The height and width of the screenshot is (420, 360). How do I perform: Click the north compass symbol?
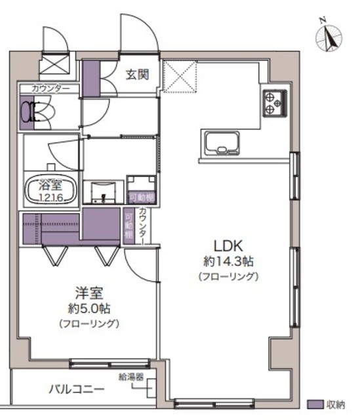pyautogui.click(x=329, y=37)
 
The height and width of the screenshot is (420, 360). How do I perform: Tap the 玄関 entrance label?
pyautogui.click(x=137, y=75)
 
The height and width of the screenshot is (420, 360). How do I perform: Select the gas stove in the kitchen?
pyautogui.click(x=275, y=103)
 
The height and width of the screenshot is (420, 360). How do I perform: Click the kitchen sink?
pyautogui.click(x=222, y=144)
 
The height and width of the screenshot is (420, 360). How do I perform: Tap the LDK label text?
pyautogui.click(x=228, y=246)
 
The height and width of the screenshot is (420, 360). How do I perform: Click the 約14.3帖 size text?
pyautogui.click(x=228, y=261)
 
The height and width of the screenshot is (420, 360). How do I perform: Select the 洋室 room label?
pyautogui.click(x=89, y=293)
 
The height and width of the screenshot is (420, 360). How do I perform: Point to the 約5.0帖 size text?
pyautogui.click(x=89, y=309)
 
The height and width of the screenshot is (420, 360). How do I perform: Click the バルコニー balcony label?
pyautogui.click(x=77, y=389)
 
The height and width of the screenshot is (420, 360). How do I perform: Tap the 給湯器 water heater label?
pyautogui.click(x=131, y=377)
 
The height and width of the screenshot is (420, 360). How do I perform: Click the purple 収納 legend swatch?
pyautogui.click(x=315, y=404)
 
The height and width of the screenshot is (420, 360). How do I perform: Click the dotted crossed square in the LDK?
pyautogui.click(x=180, y=77)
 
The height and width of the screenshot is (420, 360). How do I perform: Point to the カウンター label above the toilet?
pyautogui.click(x=50, y=89)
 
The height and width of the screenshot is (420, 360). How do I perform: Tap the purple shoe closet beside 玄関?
pyautogui.click(x=91, y=79)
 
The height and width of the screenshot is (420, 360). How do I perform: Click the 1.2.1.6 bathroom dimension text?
pyautogui.click(x=50, y=198)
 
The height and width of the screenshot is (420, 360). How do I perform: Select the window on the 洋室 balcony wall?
pyautogui.click(x=110, y=364)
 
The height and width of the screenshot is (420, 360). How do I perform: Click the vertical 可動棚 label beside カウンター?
pyautogui.click(x=129, y=226)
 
